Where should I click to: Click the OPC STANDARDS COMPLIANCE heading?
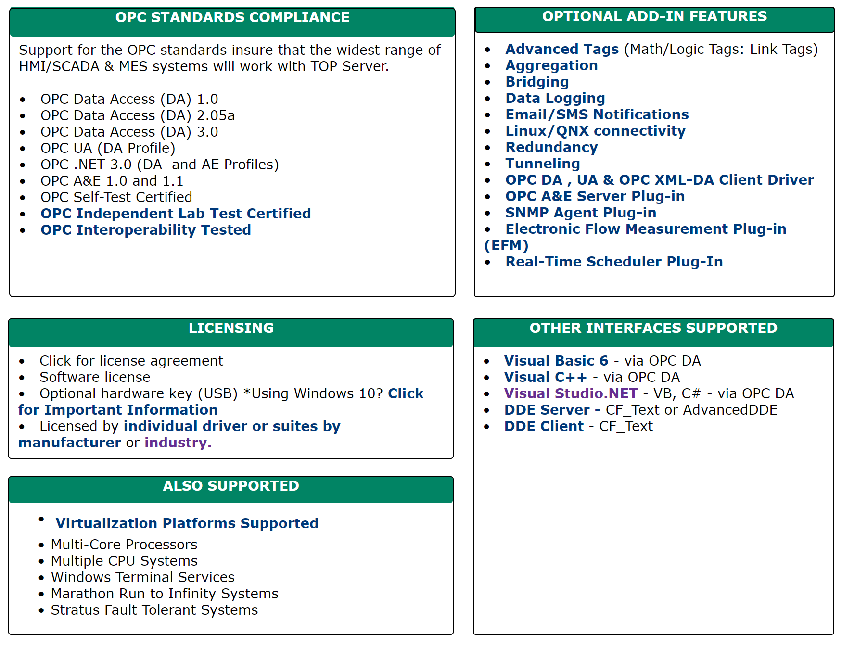click(x=232, y=18)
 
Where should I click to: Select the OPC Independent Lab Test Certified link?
click(x=176, y=214)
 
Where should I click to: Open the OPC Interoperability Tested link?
click(x=146, y=230)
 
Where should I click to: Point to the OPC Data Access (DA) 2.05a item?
click(x=138, y=115)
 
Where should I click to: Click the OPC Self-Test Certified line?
click(x=116, y=197)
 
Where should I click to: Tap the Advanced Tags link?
click(x=562, y=49)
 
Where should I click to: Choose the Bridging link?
click(x=537, y=82)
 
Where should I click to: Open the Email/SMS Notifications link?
click(x=597, y=114)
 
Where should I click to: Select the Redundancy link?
click(x=551, y=147)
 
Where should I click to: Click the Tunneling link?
click(x=543, y=164)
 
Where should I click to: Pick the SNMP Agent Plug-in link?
click(x=581, y=213)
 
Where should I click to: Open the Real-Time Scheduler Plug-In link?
click(x=614, y=262)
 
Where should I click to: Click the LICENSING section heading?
click(x=231, y=328)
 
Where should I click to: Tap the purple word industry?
click(x=178, y=443)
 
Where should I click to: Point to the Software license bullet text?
click(x=95, y=377)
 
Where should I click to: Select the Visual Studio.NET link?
click(x=571, y=393)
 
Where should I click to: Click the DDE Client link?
click(x=544, y=426)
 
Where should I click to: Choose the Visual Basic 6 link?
click(x=556, y=361)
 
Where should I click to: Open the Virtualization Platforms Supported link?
click(x=187, y=523)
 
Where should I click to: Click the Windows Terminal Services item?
click(x=143, y=577)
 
